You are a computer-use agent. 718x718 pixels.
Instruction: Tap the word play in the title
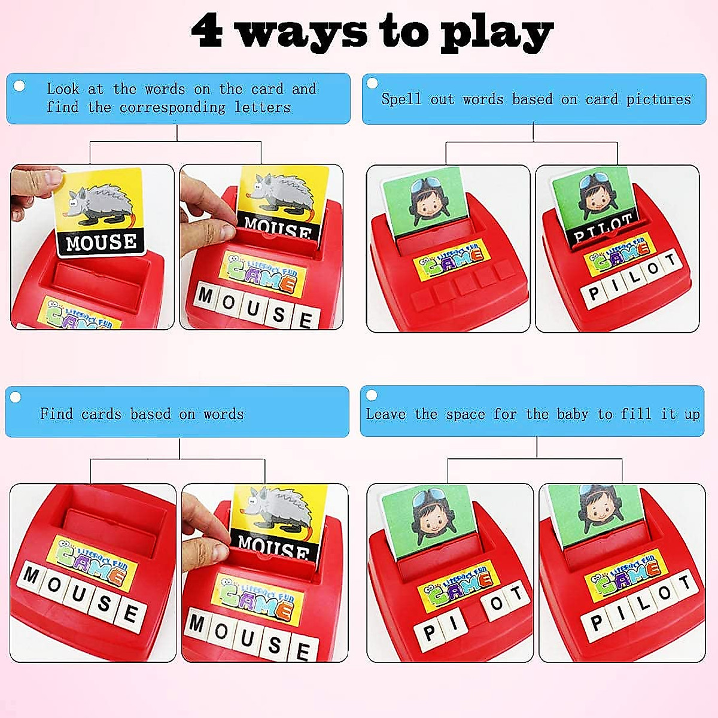click(496, 34)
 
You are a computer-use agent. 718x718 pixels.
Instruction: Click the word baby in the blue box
click(572, 414)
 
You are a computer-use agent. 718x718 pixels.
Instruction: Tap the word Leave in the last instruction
click(385, 414)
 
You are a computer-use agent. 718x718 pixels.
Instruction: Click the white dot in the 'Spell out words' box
click(372, 83)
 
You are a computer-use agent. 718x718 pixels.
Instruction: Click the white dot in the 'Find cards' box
click(16, 397)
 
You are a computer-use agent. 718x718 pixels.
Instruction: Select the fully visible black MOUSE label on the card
click(101, 242)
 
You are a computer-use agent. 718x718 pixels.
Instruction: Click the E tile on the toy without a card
click(130, 614)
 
